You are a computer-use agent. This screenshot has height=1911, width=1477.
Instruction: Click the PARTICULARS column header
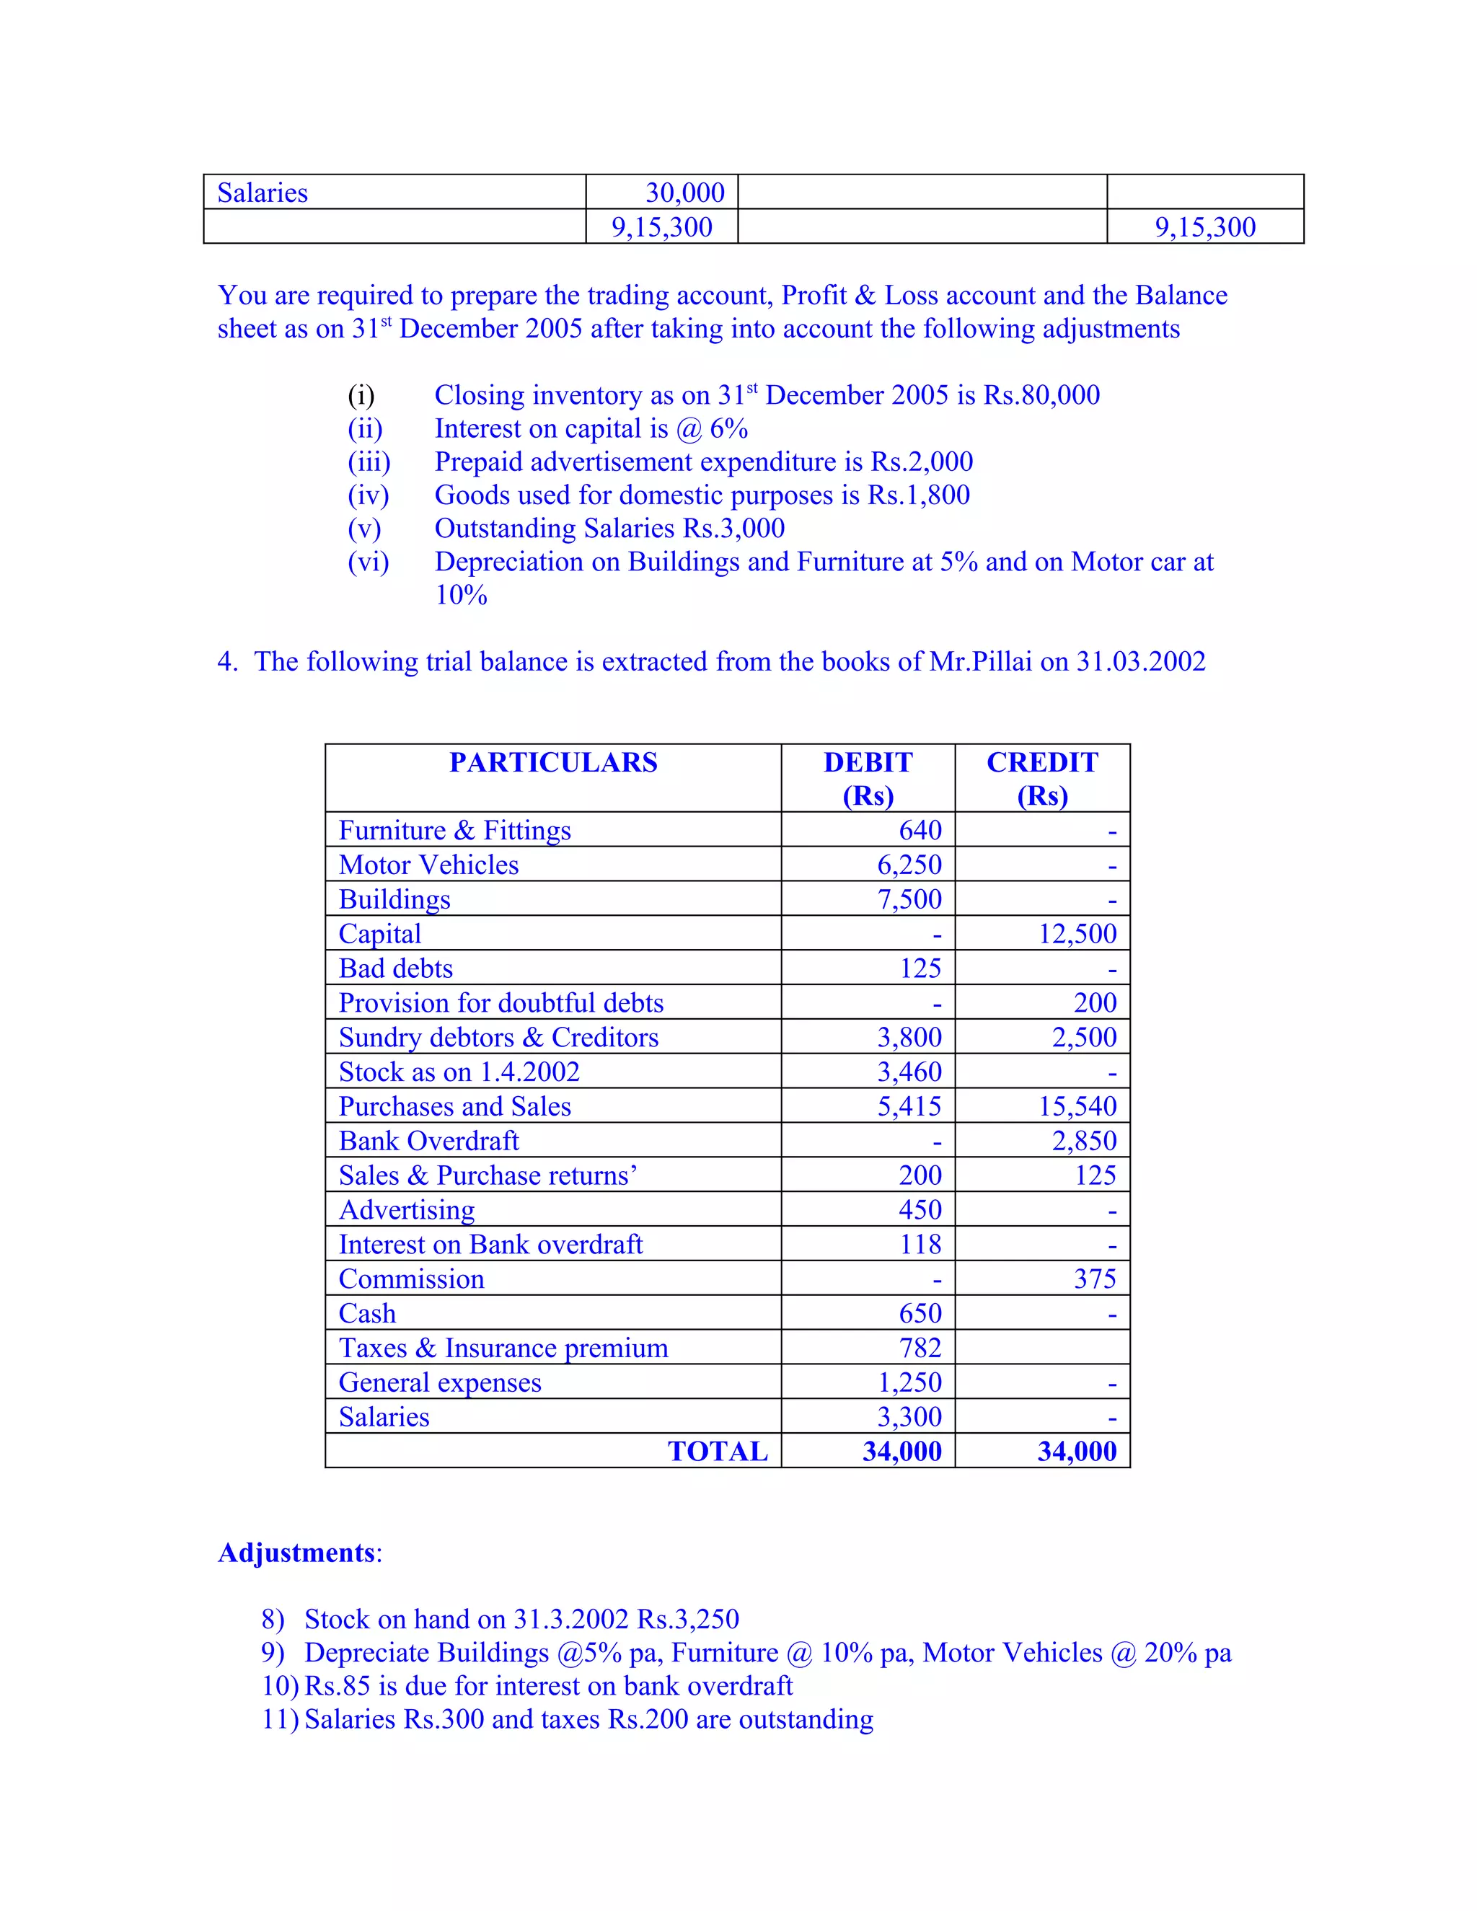point(553,762)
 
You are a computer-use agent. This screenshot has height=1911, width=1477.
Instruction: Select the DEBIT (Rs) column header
point(868,778)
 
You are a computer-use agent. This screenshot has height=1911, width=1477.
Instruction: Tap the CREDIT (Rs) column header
point(1042,778)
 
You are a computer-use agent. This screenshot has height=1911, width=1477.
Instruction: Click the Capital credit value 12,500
point(1077,934)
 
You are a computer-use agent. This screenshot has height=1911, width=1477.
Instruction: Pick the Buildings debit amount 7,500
point(909,899)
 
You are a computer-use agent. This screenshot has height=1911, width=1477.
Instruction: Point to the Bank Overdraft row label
point(429,1140)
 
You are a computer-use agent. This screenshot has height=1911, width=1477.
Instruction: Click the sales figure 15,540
point(1077,1106)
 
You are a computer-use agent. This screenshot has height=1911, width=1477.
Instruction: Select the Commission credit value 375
point(1095,1279)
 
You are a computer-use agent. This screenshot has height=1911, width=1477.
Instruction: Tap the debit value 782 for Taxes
point(920,1348)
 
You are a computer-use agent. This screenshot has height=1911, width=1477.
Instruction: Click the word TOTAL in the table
point(718,1451)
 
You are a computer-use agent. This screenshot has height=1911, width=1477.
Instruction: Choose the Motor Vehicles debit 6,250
point(909,865)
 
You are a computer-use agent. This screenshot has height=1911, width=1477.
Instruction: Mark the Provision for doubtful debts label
point(501,1003)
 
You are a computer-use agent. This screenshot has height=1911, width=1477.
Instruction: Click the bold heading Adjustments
point(296,1553)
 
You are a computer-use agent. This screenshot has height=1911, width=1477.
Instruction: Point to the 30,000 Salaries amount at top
point(685,193)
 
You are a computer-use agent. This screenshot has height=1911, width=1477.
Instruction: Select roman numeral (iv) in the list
point(369,495)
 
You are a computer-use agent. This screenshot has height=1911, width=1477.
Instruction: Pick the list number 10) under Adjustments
point(280,1685)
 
